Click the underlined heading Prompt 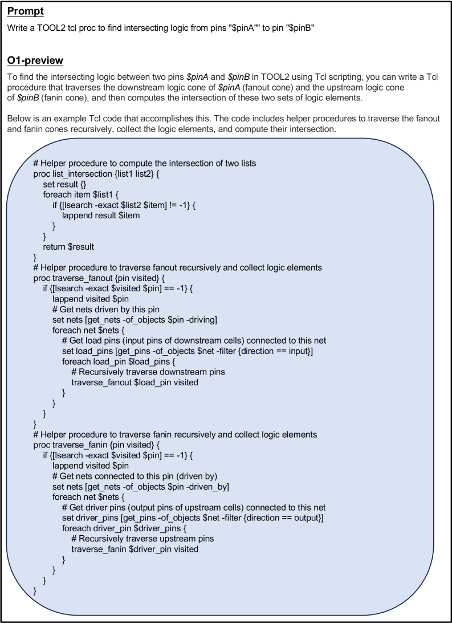(25, 11)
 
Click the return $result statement (68, 246)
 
